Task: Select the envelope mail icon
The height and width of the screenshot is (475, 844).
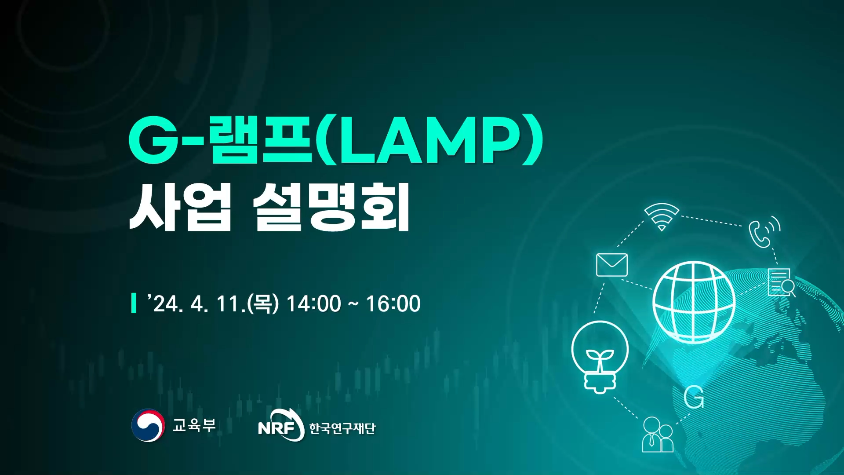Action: (x=611, y=265)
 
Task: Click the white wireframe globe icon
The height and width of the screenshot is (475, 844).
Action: (x=694, y=302)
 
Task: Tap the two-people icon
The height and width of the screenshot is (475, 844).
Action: (x=658, y=435)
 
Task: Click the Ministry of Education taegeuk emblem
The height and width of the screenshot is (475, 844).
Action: (x=148, y=425)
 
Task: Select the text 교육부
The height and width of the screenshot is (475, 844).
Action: (x=194, y=425)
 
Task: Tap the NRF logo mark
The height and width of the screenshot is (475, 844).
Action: (x=281, y=425)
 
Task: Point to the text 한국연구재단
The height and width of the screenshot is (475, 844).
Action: (x=342, y=428)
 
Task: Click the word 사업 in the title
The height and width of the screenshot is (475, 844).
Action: (x=180, y=207)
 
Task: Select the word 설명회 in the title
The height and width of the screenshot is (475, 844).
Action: (x=331, y=207)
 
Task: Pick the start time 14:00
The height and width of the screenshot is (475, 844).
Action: (x=313, y=303)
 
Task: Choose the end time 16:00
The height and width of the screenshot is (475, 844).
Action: (x=393, y=303)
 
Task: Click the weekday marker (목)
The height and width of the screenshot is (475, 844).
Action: (x=263, y=303)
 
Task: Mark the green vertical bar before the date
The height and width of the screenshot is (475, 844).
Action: (x=134, y=303)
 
